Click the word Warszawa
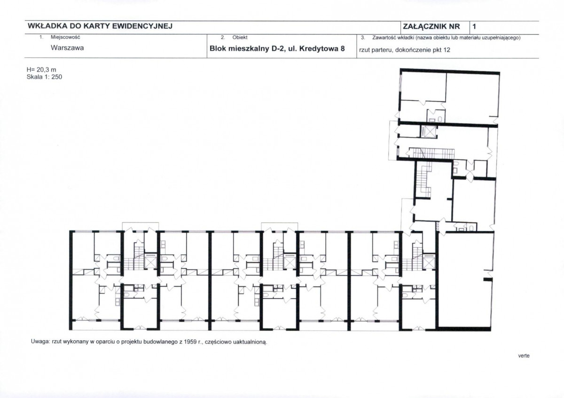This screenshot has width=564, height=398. [x=67, y=48]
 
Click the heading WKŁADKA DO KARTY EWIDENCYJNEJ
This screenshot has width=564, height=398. [x=100, y=26]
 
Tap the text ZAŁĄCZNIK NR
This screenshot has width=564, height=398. [x=431, y=27]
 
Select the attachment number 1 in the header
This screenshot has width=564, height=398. [x=474, y=26]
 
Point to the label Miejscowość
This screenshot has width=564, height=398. [x=65, y=37]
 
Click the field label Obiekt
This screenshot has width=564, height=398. [x=240, y=38]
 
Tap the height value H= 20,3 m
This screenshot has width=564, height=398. [x=41, y=69]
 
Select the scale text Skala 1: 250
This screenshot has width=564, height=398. [x=44, y=77]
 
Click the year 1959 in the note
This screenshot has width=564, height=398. [x=190, y=342]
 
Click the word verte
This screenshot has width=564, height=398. [x=524, y=356]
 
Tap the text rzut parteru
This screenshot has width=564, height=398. [x=376, y=50]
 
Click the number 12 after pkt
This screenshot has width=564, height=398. [x=446, y=50]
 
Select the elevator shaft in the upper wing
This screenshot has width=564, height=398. [x=429, y=131]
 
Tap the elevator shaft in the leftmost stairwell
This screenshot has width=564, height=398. [x=150, y=261]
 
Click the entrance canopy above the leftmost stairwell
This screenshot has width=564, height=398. [x=140, y=226]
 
